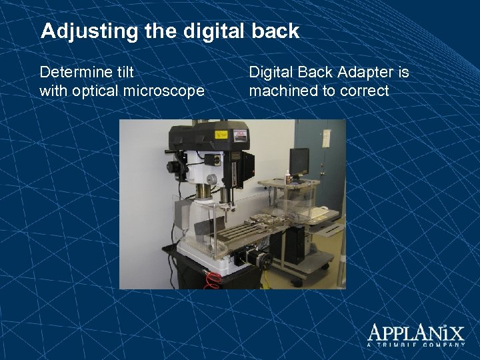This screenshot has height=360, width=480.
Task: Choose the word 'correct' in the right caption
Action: [364, 91]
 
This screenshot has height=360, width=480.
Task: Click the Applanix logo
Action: [415, 332]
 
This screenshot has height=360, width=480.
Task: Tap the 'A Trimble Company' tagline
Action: [415, 345]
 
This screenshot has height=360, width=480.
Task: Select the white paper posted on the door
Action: [326, 138]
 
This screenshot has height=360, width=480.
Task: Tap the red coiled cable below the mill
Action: [213, 280]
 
